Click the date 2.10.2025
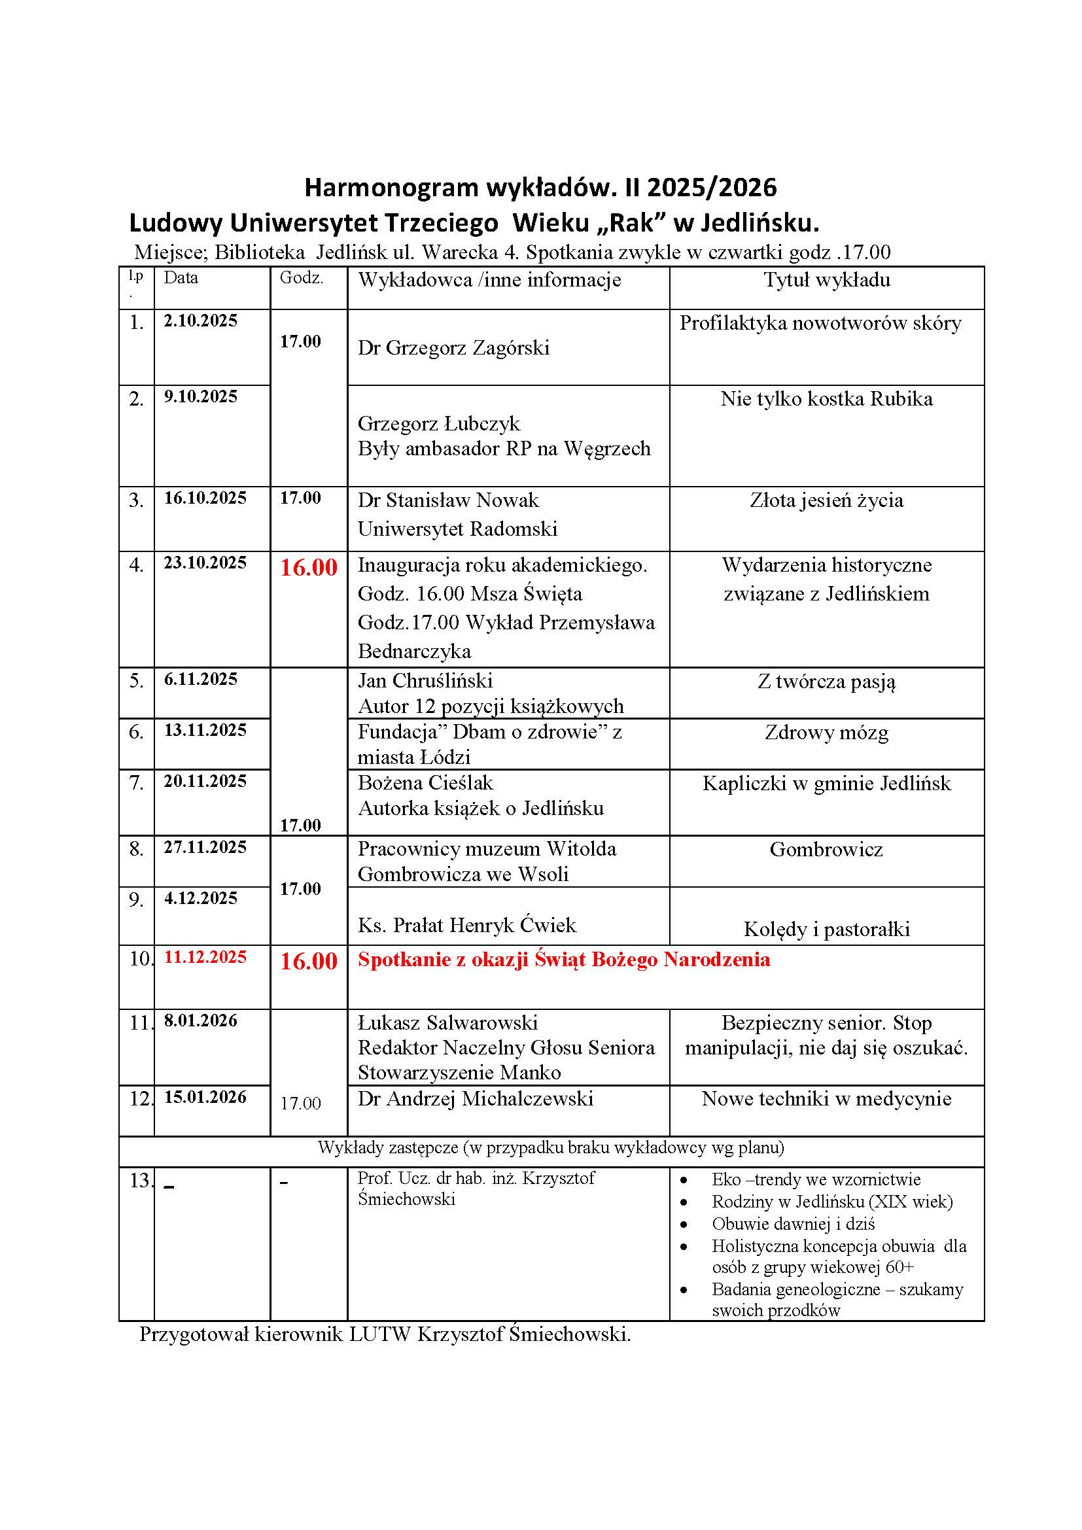201,321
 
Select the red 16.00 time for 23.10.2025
309,567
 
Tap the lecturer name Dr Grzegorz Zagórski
453,348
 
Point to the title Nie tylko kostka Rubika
826,399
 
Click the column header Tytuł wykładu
826,280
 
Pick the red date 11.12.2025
205,957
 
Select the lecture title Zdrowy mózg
826,733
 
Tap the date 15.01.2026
205,1097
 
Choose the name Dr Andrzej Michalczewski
475,1099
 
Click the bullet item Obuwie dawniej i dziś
793,1224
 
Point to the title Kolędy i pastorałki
826,930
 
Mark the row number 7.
136,783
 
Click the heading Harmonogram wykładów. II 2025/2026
540,188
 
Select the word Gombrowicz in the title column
826,850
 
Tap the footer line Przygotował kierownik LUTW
385,1335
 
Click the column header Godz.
301,279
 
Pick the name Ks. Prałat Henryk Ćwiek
466,926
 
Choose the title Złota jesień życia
826,500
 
